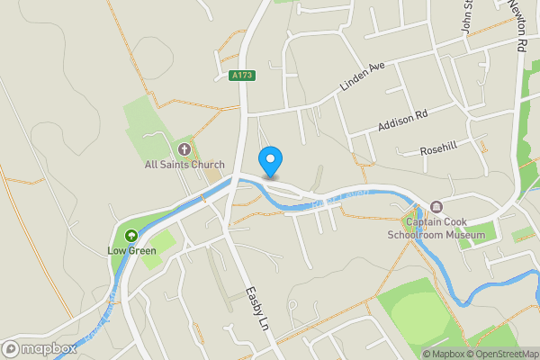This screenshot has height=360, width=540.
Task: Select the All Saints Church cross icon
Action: [184, 148]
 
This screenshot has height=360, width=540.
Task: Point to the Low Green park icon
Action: [131, 236]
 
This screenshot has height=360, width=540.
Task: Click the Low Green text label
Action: [131, 251]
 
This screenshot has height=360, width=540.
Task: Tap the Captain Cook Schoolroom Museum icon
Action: [436, 207]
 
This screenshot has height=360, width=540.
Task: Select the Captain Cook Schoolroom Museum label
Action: [445, 229]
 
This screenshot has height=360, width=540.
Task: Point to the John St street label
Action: [467, 15]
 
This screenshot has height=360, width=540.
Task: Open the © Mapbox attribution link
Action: [444, 354]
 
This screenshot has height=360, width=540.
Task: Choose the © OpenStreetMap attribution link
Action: [502, 354]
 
